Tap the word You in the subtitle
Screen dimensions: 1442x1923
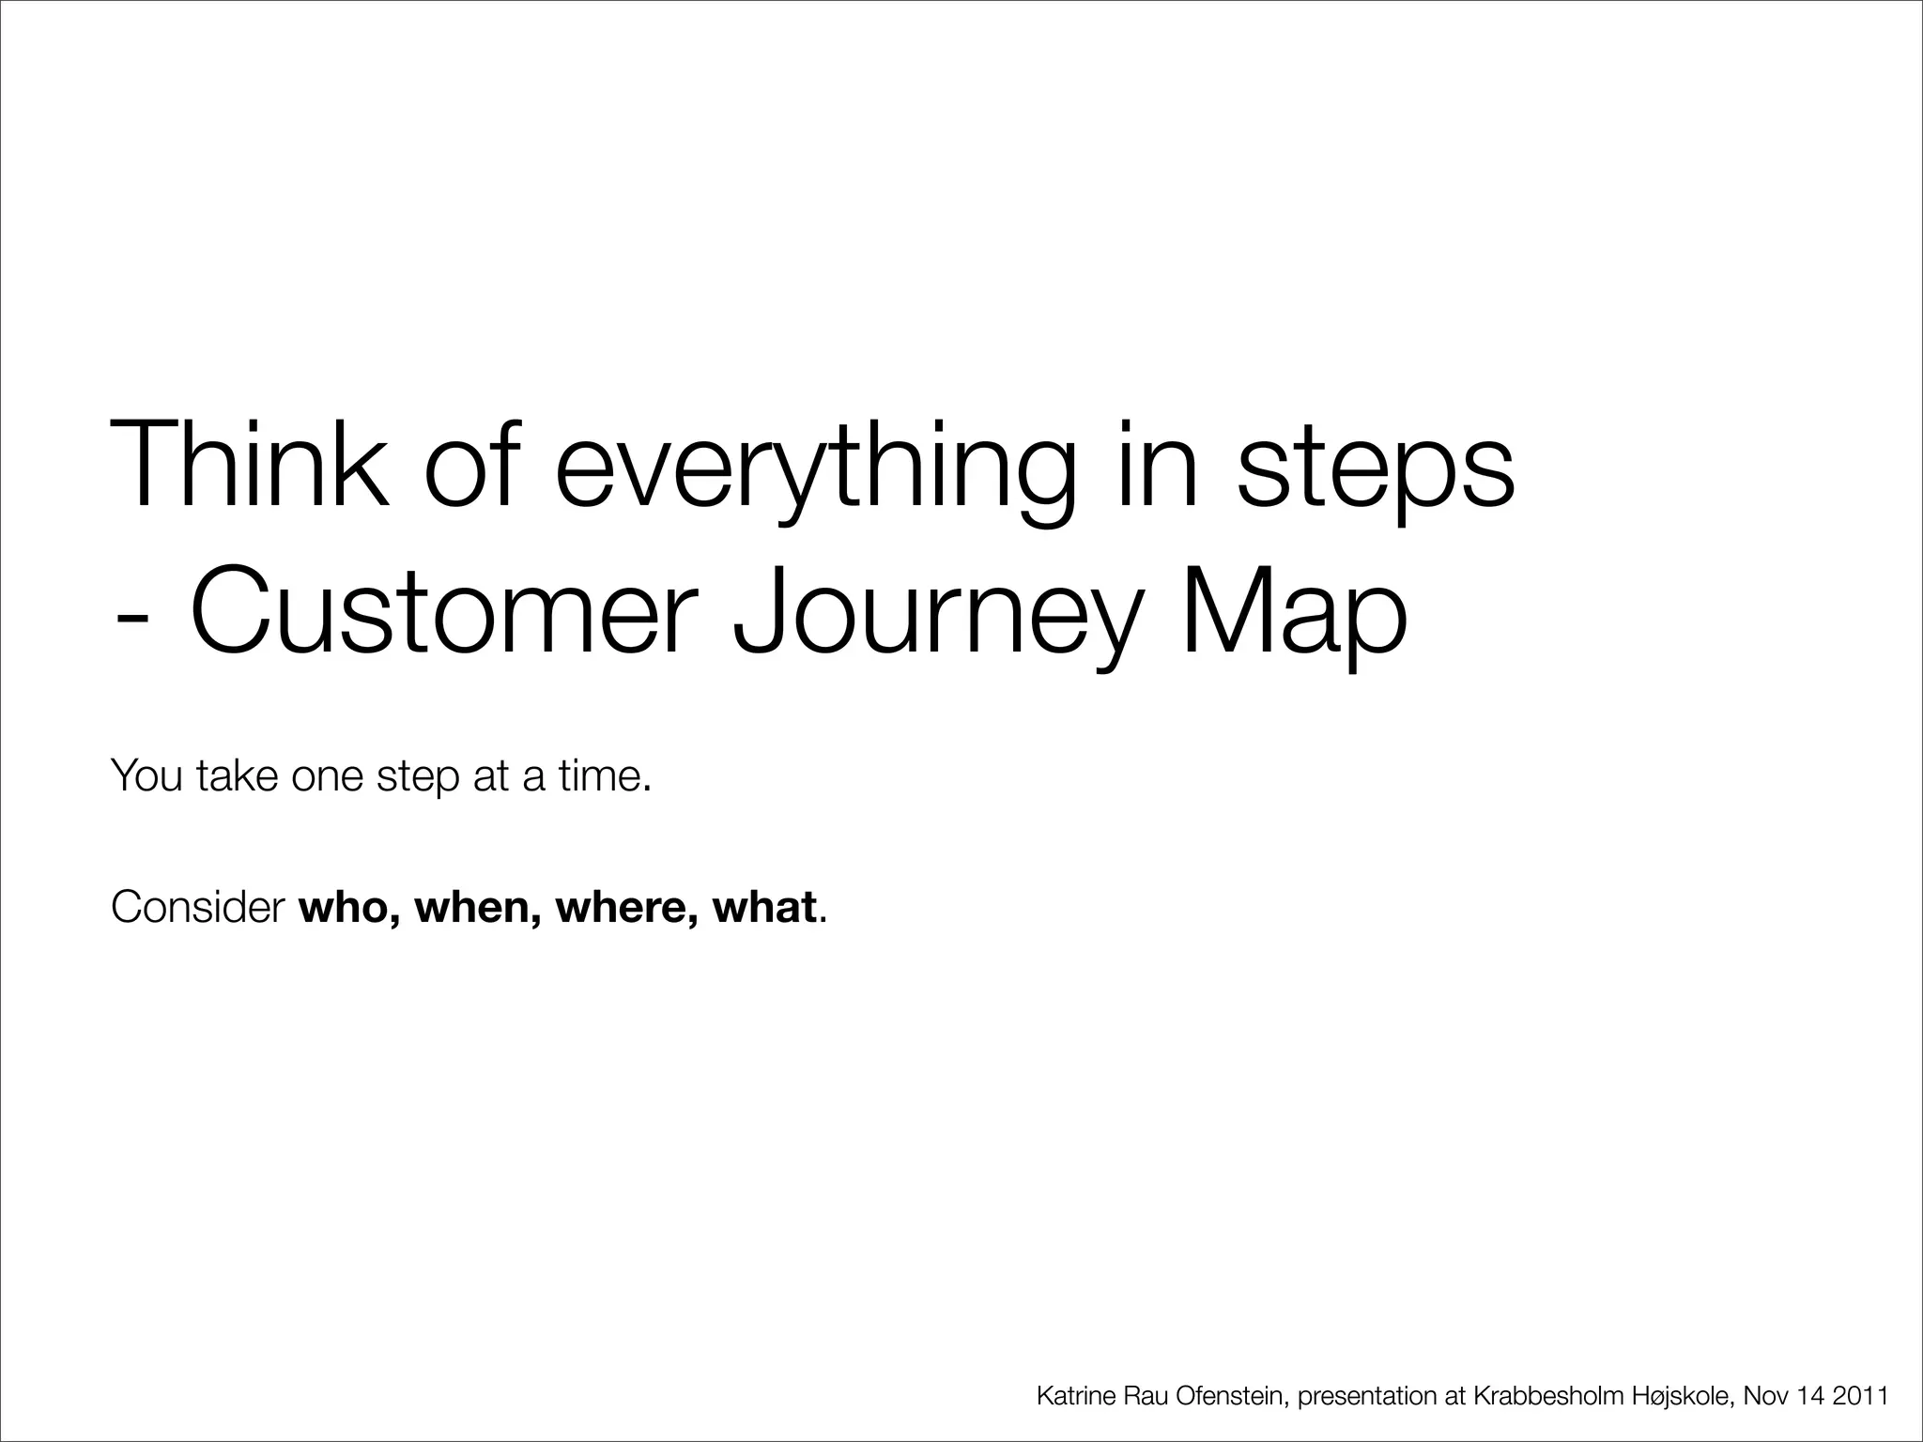click(x=146, y=775)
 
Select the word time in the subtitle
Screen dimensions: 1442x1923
click(x=601, y=775)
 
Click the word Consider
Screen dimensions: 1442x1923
click(x=197, y=907)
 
